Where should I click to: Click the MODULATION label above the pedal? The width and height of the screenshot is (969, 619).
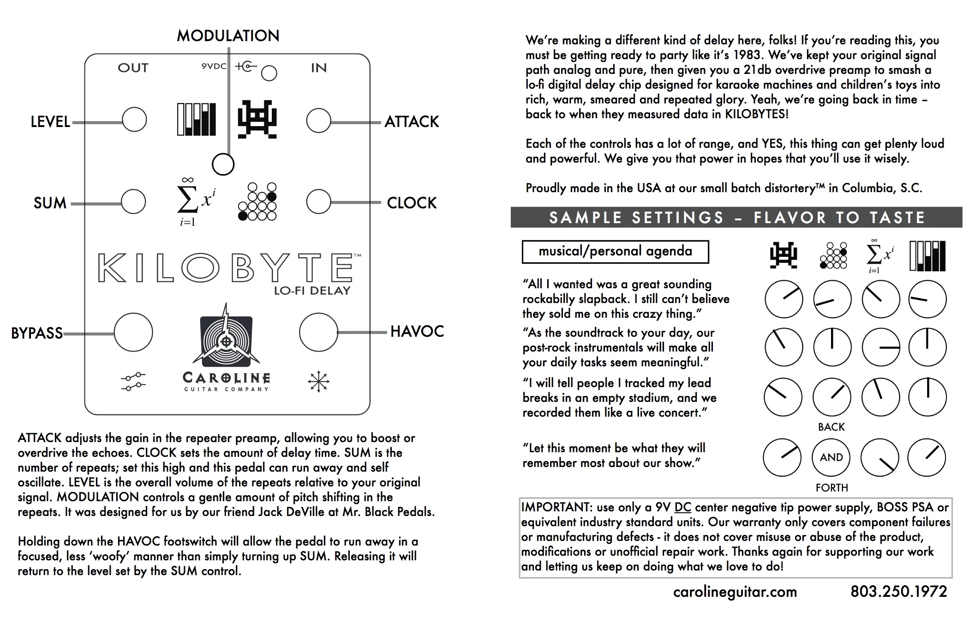tap(228, 36)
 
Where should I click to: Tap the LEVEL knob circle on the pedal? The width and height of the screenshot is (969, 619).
tap(134, 120)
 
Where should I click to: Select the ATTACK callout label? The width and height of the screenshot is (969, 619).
tap(412, 121)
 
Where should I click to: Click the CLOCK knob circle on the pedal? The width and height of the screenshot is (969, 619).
tap(318, 201)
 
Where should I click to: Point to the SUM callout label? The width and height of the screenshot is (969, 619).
tap(50, 203)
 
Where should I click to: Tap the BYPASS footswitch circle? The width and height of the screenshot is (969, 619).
tap(133, 332)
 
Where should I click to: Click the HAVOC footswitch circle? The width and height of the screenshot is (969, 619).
tap(318, 332)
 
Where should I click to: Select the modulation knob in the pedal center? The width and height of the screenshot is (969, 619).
tap(223, 164)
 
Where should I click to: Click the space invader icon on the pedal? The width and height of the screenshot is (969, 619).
tap(257, 119)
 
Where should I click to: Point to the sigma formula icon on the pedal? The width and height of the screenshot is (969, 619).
tap(196, 202)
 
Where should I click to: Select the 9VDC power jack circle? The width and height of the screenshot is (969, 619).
tap(269, 73)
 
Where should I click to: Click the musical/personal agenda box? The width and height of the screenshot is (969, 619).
tap(615, 252)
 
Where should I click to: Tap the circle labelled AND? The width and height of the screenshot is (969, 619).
tap(831, 457)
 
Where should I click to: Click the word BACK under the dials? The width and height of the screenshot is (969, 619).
tap(831, 427)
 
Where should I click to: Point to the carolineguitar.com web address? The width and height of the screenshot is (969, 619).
tap(735, 592)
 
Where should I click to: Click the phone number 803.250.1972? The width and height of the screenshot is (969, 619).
tap(899, 591)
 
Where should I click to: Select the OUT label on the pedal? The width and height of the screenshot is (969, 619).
tap(133, 68)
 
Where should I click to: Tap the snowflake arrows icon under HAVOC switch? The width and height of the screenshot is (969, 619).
tap(318, 382)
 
